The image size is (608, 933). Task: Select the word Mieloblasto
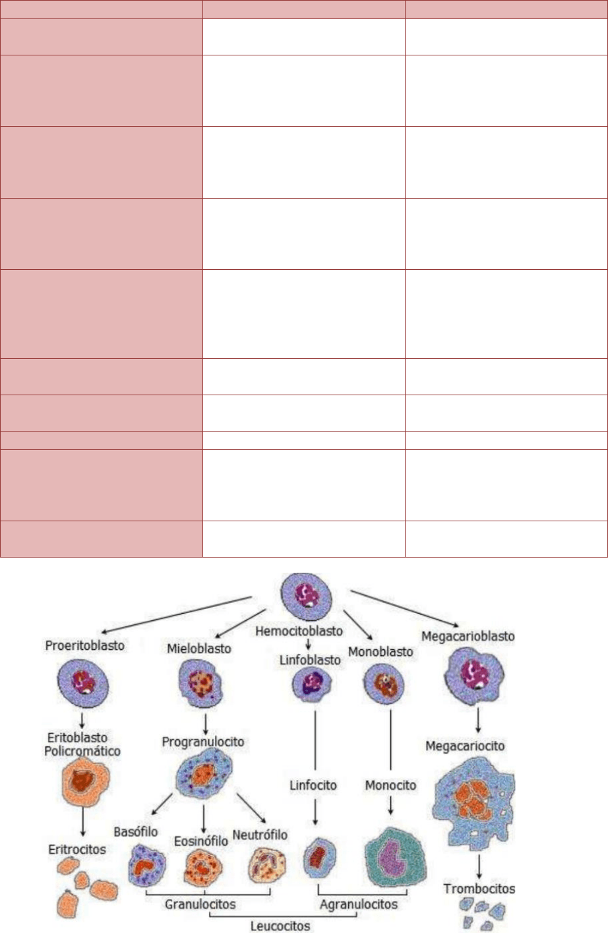199,649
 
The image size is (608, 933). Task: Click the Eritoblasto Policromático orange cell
83,783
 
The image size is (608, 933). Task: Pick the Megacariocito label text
465,746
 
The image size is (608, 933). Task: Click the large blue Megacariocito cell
473,804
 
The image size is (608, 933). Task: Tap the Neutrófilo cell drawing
268,865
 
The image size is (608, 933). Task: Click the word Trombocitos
479,888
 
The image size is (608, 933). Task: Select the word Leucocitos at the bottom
280,926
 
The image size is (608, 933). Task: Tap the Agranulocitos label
359,903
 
